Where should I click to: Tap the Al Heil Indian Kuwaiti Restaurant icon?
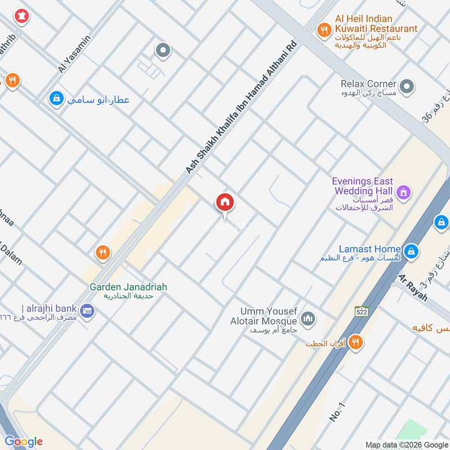point(323,29)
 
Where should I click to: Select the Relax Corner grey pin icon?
point(408,87)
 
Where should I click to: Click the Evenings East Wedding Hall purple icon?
point(403,194)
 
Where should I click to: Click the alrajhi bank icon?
point(87,310)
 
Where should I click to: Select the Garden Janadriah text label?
point(128,287)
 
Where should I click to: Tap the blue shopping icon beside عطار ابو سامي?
point(56,99)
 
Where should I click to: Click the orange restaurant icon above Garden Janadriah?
point(102,253)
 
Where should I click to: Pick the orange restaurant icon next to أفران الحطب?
point(355,341)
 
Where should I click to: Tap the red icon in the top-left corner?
point(22,16)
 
